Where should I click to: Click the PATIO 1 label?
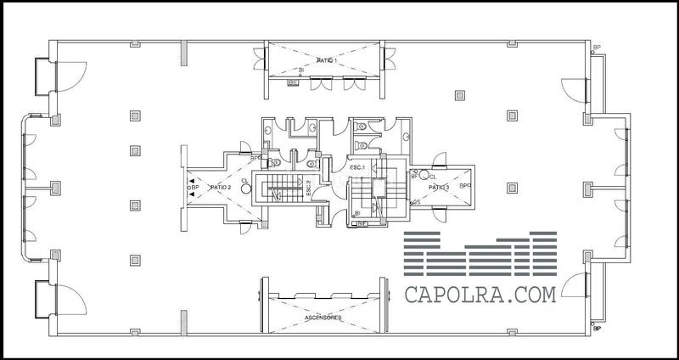click(328, 61)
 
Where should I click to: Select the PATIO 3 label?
click(439, 187)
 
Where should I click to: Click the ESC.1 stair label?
click(356, 167)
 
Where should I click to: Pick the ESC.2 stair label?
click(309, 187)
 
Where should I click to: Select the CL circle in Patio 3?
click(421, 175)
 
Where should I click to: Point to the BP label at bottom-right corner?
click(598, 327)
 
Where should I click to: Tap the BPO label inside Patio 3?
click(465, 184)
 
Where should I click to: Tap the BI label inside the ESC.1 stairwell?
click(357, 212)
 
